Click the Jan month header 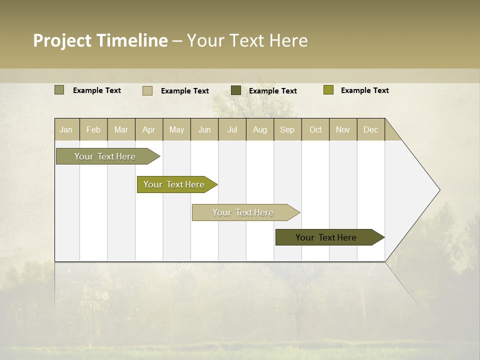66,129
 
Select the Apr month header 148,129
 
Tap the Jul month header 232,129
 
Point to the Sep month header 287,129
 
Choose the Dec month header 370,129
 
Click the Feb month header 93,129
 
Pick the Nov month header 342,129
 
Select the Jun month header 204,129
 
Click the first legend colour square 59,90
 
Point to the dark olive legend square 236,90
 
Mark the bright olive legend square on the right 328,90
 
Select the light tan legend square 147,90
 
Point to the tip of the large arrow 439,190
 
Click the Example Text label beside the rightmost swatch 364,90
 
